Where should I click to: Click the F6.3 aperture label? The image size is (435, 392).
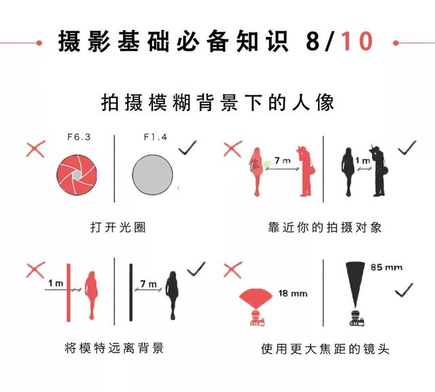79,137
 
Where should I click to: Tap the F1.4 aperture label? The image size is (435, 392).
156,137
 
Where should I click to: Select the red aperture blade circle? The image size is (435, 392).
77,175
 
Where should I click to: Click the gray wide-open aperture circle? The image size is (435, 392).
152,175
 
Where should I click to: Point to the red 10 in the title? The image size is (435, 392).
357,41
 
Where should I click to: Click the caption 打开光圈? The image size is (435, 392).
118,227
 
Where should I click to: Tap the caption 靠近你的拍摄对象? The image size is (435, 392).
325,227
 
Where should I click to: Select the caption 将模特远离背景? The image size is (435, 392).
114,348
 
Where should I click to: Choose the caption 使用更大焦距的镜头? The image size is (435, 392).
325,349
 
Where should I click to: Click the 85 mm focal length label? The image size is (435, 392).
386,267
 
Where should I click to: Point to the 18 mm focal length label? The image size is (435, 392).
293,293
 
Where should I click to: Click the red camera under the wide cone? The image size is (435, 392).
257,318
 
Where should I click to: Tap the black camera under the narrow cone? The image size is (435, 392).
356,318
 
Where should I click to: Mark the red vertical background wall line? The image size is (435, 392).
69,293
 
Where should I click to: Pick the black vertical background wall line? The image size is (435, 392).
130,293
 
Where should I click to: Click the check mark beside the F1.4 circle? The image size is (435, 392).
188,148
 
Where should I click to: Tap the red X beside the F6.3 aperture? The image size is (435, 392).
36,149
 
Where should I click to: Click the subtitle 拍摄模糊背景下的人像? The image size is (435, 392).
217,103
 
